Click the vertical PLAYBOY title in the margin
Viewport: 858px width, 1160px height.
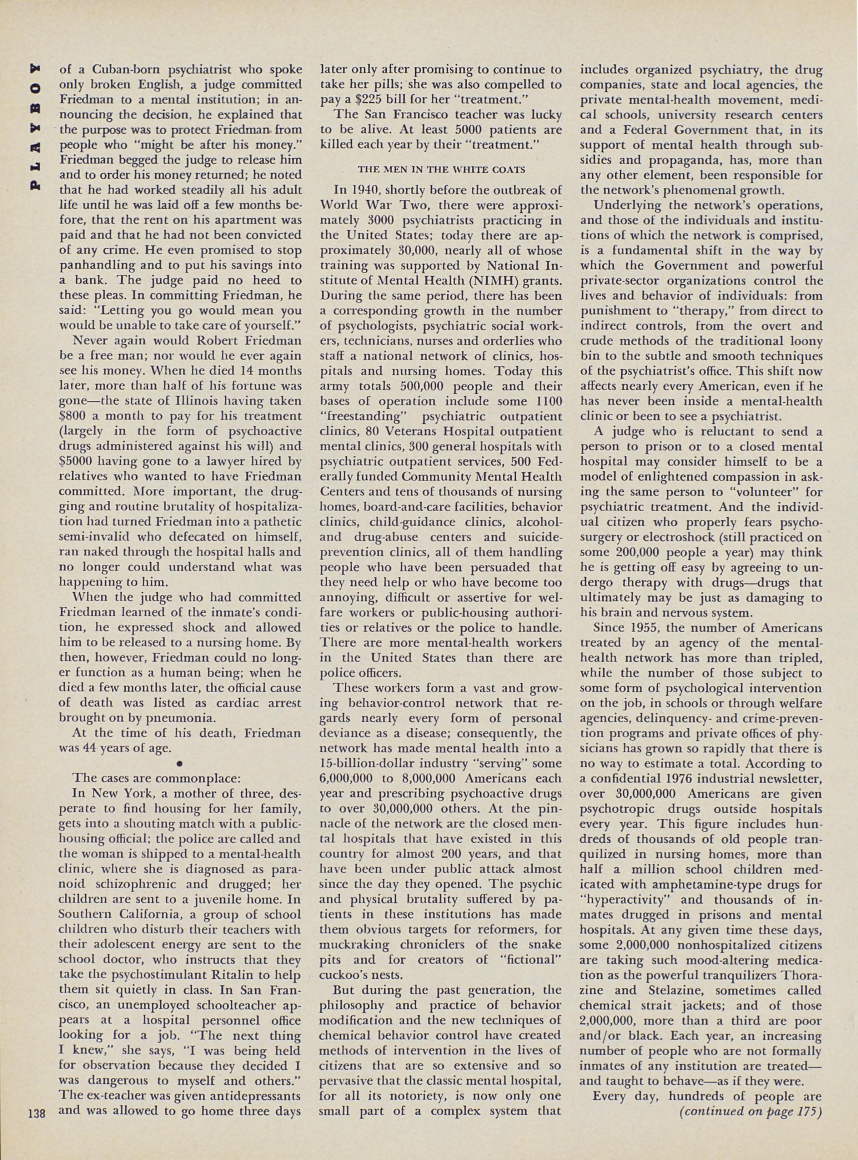pos(36,127)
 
